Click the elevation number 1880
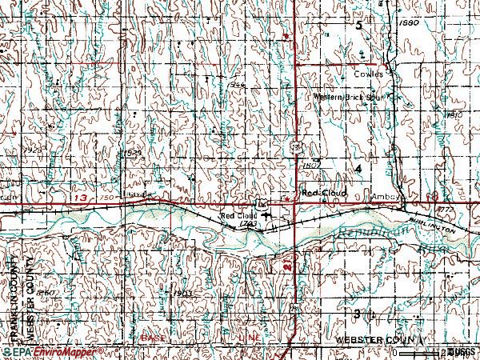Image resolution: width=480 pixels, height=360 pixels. point(409,24)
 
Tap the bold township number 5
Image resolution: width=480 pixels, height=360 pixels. point(359,26)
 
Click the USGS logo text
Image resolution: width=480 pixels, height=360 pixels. point(462,351)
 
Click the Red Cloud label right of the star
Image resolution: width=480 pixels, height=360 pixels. point(321,193)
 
